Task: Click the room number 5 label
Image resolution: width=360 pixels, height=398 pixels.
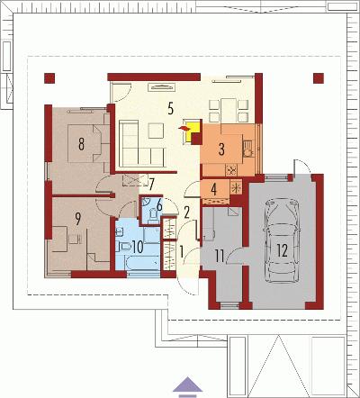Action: tap(170, 108)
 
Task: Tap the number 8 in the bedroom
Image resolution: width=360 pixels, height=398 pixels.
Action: tap(81, 144)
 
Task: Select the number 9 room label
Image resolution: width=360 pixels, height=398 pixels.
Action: tap(78, 219)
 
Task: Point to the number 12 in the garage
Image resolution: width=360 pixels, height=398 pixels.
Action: tap(282, 250)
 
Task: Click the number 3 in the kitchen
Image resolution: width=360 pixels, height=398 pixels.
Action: tap(221, 149)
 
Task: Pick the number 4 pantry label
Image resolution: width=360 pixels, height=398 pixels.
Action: tap(213, 189)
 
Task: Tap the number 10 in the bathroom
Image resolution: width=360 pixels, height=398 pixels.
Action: tap(138, 247)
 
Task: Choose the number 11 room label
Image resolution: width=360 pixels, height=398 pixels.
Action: tap(220, 257)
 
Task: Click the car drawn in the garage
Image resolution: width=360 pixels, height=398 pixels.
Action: tap(282, 240)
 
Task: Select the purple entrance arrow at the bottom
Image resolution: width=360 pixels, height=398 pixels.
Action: tap(187, 384)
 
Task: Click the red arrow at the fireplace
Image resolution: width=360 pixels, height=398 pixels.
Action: tap(184, 129)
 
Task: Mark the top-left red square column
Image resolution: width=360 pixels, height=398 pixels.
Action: tap(49, 78)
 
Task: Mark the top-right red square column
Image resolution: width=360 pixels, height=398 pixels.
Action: tap(319, 78)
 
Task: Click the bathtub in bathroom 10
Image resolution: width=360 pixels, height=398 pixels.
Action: tap(142, 263)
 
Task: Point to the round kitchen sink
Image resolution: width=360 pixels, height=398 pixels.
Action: tap(248, 153)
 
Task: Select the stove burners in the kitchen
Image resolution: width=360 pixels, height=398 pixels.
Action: tap(231, 170)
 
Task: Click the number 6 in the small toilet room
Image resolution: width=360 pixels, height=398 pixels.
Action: tap(159, 205)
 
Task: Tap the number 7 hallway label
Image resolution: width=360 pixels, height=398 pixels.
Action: tap(151, 185)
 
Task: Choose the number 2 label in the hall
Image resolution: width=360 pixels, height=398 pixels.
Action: tap(186, 213)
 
